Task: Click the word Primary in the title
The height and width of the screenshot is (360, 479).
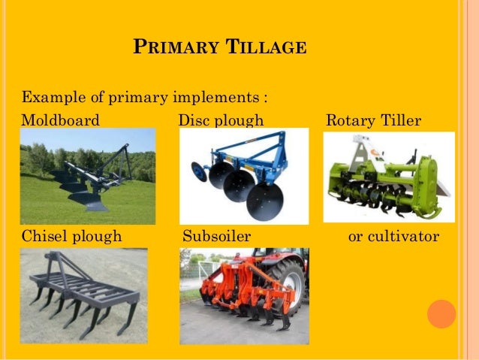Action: coord(167,48)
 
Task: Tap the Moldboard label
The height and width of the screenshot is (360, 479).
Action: coord(60,120)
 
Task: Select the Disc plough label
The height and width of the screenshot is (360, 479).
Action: coord(221,120)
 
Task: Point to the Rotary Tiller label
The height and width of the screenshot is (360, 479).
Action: coord(373,120)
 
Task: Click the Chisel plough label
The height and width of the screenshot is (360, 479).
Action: coord(71,237)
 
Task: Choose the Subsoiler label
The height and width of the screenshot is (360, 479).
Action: coord(217,237)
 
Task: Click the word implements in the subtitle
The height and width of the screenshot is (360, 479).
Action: coord(218,98)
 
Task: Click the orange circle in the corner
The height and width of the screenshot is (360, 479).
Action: coord(441,313)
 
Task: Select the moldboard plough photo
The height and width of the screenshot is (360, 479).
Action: coord(87,176)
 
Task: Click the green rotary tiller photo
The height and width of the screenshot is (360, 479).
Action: coord(388,177)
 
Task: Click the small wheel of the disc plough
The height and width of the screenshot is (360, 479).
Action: coord(199,171)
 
